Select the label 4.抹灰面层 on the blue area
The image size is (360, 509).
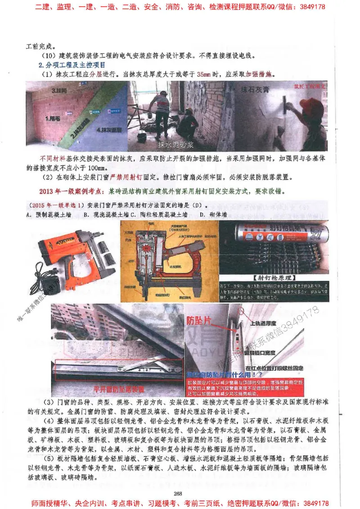coord(108,129)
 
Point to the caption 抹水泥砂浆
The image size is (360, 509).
coord(177,145)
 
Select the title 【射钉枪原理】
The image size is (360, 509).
coord(274,277)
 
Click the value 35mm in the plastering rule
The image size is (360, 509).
coord(204,74)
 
